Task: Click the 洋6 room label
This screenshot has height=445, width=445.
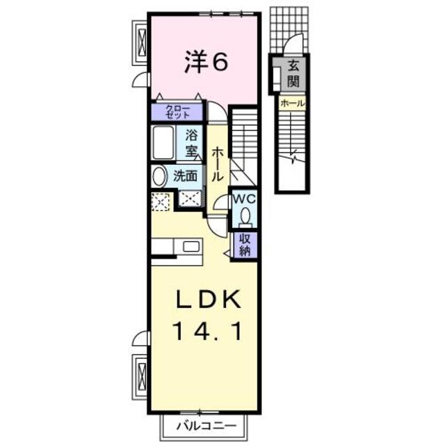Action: pyautogui.click(x=206, y=63)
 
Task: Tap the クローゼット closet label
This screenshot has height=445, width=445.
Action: pyautogui.click(x=177, y=111)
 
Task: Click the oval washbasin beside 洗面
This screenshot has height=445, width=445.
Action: pyautogui.click(x=159, y=176)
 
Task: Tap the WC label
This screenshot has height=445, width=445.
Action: pyautogui.click(x=243, y=198)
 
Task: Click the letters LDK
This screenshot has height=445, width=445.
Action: pyautogui.click(x=207, y=300)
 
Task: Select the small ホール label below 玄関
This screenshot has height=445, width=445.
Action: pyautogui.click(x=291, y=103)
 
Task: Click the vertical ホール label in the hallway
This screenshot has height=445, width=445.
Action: pyautogui.click(x=218, y=163)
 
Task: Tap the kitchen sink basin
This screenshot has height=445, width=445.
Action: pyautogui.click(x=190, y=246)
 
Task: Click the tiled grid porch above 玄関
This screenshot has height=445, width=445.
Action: pyautogui.click(x=288, y=28)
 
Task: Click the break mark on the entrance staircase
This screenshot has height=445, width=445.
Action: pyautogui.click(x=295, y=155)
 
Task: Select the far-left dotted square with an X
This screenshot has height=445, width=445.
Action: pyautogui.click(x=160, y=202)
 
